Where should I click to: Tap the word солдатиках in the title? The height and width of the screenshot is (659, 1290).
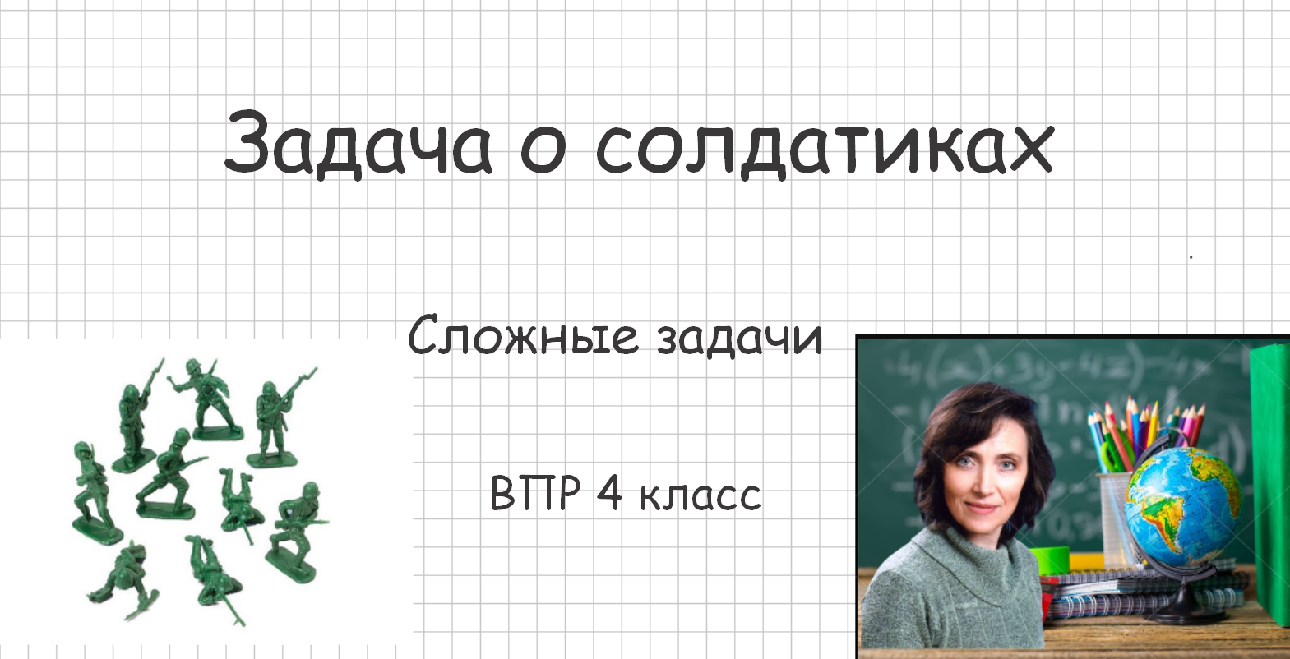(824, 148)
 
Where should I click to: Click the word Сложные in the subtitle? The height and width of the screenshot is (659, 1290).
(523, 336)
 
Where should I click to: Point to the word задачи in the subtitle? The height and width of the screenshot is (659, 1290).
(739, 338)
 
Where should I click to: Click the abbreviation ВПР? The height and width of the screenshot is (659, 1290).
(535, 493)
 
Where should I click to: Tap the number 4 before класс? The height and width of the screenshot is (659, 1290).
(609, 493)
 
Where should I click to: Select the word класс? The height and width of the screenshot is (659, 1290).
(700, 496)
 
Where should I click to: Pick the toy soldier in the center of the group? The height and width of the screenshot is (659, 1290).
(169, 477)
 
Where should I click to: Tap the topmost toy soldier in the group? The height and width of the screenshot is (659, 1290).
(206, 399)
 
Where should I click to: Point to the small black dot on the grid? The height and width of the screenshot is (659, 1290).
(1191, 257)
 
